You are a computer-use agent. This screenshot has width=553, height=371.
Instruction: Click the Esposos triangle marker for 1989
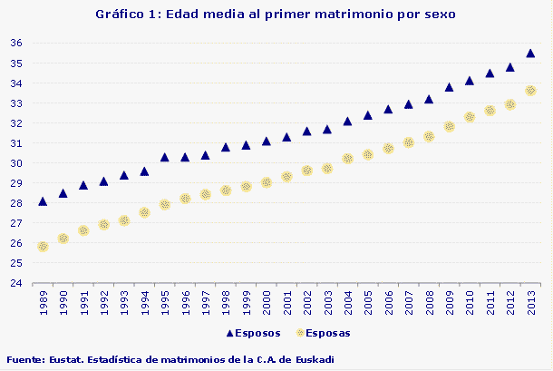[43, 201]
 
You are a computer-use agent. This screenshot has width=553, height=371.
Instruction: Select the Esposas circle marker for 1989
[43, 246]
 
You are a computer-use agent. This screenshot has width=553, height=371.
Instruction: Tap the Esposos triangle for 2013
[531, 54]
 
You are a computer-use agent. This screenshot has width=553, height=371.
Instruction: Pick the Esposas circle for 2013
[531, 91]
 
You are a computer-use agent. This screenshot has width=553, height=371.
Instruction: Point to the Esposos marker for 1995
[165, 157]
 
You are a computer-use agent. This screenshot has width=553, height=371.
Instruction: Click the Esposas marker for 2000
[267, 182]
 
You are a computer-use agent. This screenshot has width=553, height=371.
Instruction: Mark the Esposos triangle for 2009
[450, 87]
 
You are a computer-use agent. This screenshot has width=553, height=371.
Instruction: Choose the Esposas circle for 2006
[388, 148]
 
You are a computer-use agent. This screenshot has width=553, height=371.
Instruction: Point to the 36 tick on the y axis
[16, 44]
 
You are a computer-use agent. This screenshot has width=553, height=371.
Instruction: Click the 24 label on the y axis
[16, 283]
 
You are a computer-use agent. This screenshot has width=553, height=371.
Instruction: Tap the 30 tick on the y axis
[16, 163]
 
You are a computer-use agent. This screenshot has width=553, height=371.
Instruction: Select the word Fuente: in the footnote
[25, 359]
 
